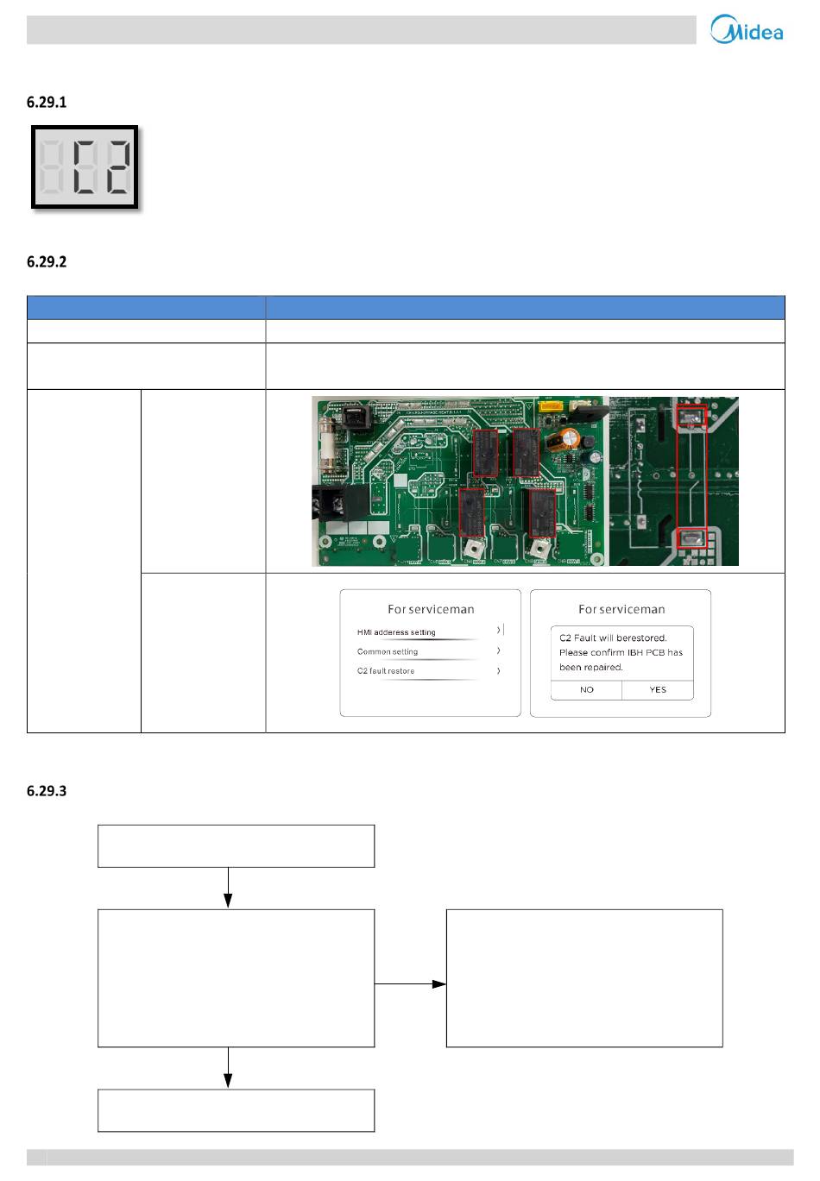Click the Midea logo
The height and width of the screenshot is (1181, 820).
pyautogui.click(x=746, y=29)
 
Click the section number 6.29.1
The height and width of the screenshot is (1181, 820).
pyautogui.click(x=47, y=103)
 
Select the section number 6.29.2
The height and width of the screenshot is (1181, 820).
pyautogui.click(x=47, y=262)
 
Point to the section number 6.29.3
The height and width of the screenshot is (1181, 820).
pyautogui.click(x=47, y=791)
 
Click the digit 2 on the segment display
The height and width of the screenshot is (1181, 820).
pyautogui.click(x=118, y=167)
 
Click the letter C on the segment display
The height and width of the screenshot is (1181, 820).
pyautogui.click(x=85, y=167)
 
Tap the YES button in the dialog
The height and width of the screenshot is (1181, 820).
pyautogui.click(x=658, y=689)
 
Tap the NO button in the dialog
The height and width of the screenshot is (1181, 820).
pyautogui.click(x=586, y=689)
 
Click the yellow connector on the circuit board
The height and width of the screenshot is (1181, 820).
pyautogui.click(x=550, y=406)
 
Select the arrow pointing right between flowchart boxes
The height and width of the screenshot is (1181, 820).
pyautogui.click(x=410, y=983)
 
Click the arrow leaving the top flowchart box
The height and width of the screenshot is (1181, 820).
pyautogui.click(x=228, y=888)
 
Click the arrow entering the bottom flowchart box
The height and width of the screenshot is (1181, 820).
pyautogui.click(x=228, y=1067)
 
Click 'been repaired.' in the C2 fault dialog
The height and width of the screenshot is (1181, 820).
pyautogui.click(x=591, y=667)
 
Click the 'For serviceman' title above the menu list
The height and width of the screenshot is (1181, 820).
pyautogui.click(x=431, y=610)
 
